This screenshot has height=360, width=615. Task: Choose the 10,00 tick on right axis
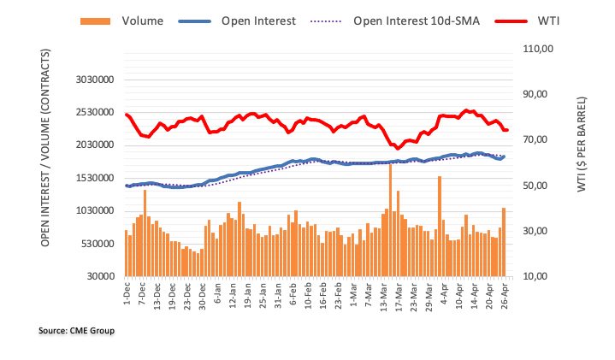538,277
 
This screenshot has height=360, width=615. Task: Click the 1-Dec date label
127,295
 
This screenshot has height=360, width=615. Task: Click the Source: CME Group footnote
77,330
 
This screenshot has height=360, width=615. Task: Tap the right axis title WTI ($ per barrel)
582,144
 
